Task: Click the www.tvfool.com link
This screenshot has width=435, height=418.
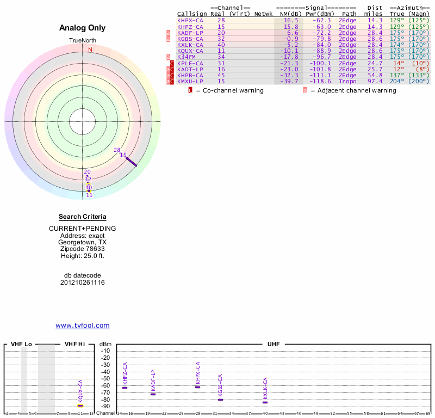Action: pyautogui.click(x=82, y=325)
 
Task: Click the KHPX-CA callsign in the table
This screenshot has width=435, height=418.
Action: pyautogui.click(x=190, y=21)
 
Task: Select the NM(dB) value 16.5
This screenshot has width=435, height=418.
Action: pyautogui.click(x=291, y=21)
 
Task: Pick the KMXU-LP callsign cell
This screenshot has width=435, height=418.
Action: pyautogui.click(x=190, y=81)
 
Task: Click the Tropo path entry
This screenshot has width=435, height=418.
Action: pyautogui.click(x=347, y=81)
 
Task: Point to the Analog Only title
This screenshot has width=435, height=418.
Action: pyautogui.click(x=82, y=28)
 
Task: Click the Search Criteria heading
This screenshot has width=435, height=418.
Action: pyautogui.click(x=82, y=217)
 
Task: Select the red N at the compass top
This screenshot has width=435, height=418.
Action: pyautogui.click(x=90, y=50)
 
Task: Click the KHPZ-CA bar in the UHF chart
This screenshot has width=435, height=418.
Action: pyautogui.click(x=125, y=388)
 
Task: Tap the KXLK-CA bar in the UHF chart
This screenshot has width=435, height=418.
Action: pyautogui.click(x=265, y=402)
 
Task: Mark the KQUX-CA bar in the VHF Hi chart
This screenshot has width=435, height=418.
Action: pyautogui.click(x=80, y=405)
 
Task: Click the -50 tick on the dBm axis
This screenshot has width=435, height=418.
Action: pyautogui.click(x=105, y=379)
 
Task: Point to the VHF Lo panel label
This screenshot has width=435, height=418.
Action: pyautogui.click(x=21, y=344)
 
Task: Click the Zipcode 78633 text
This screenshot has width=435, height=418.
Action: pyautogui.click(x=82, y=249)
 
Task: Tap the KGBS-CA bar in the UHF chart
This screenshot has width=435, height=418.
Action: pyautogui.click(x=220, y=399)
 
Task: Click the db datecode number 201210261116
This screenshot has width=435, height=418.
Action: pyautogui.click(x=82, y=282)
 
